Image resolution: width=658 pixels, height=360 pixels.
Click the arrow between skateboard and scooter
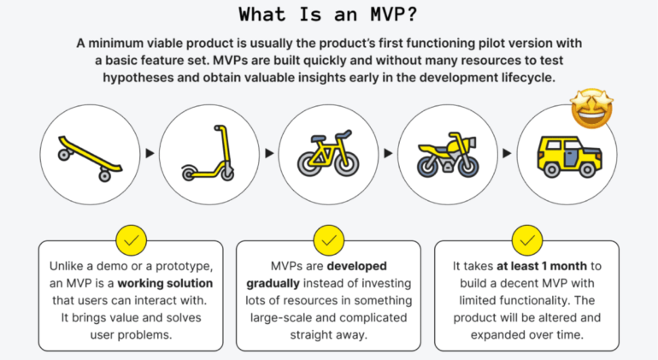151,153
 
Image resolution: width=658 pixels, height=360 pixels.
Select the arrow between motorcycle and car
508,154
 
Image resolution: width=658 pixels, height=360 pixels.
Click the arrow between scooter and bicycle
269,154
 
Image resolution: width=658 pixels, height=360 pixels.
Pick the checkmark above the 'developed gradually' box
329,241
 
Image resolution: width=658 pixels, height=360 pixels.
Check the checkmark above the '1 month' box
527,241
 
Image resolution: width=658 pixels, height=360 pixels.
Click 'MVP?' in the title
387,14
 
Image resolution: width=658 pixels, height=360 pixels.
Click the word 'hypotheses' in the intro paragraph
145,77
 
